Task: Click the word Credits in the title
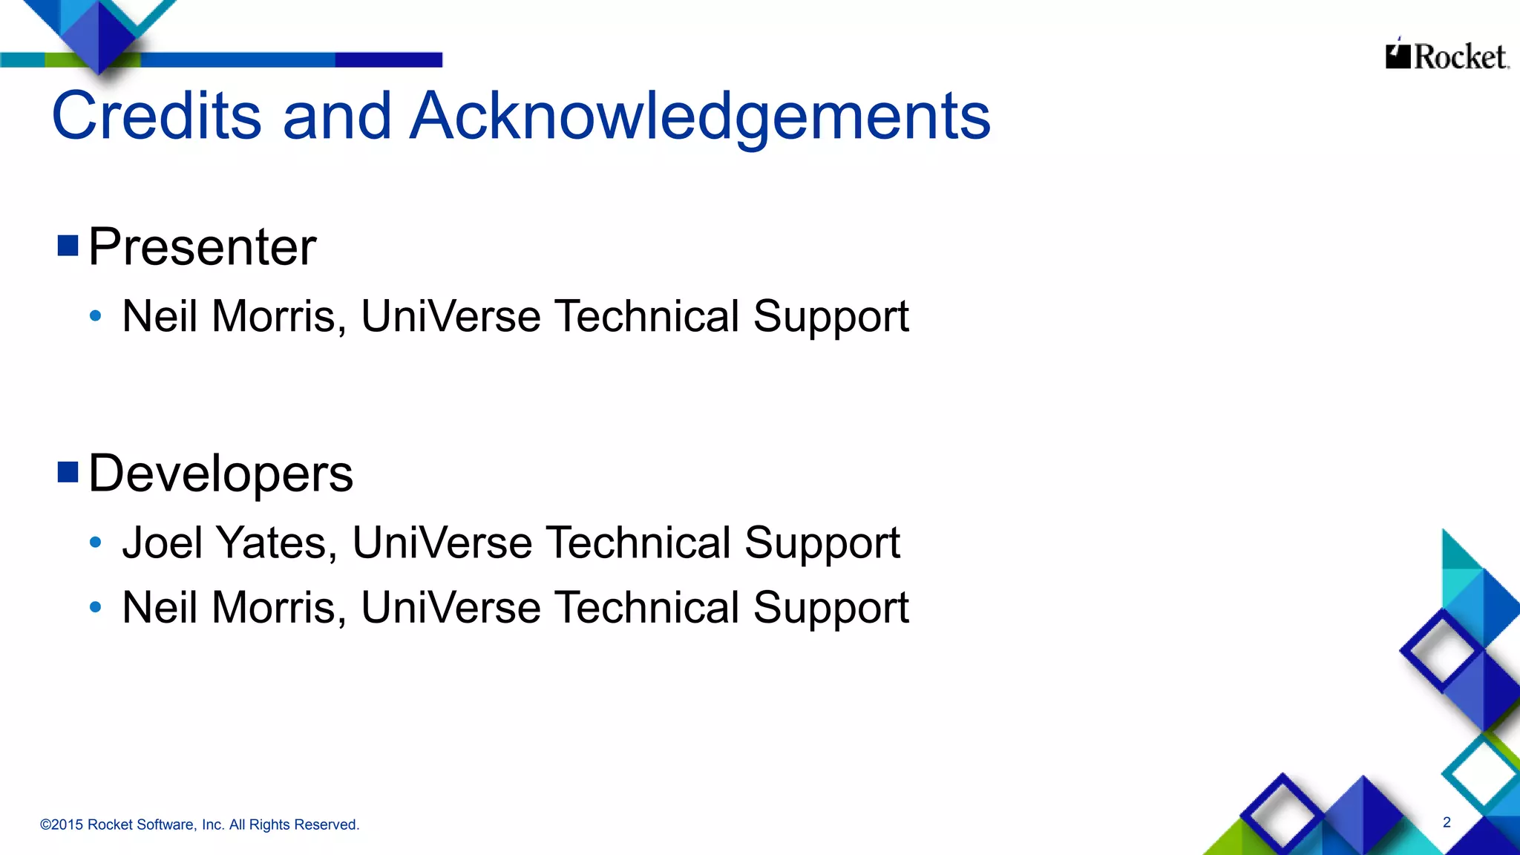pyautogui.click(x=157, y=116)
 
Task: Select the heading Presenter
pyautogui.click(x=202, y=246)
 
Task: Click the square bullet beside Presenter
pyautogui.click(x=68, y=245)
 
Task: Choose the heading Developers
pyautogui.click(x=220, y=474)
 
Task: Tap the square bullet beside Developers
pyautogui.click(x=68, y=472)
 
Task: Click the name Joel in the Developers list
pyautogui.click(x=162, y=543)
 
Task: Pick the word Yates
pyautogui.click(x=272, y=543)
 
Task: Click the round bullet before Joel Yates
pyautogui.click(x=95, y=543)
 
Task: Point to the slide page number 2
pyautogui.click(x=1447, y=822)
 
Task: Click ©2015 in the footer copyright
pyautogui.click(x=62, y=825)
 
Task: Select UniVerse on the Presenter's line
pyautogui.click(x=451, y=316)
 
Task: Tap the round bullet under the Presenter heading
pyautogui.click(x=95, y=316)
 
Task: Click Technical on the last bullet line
pyautogui.click(x=647, y=608)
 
